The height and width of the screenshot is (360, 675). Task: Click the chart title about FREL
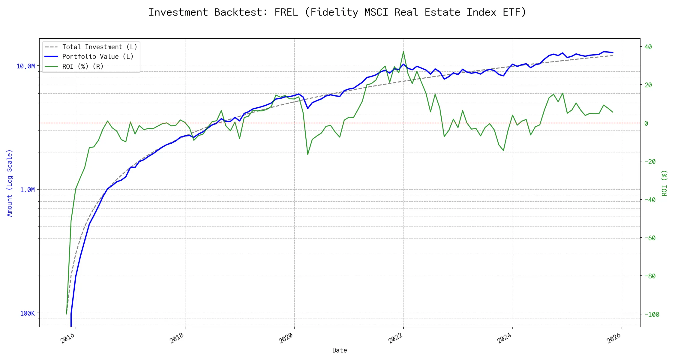click(x=337, y=12)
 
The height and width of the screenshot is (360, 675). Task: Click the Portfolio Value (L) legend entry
click(x=98, y=56)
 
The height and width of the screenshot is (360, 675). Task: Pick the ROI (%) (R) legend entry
click(x=83, y=66)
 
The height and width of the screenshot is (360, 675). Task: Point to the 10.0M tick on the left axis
click(x=26, y=66)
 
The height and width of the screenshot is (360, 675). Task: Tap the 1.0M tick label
click(x=27, y=190)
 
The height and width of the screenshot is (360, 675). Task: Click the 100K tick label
click(x=27, y=313)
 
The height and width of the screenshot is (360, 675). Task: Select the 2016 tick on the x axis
click(x=68, y=338)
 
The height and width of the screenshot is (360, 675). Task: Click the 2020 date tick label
click(x=286, y=338)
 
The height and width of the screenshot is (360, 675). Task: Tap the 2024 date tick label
click(x=504, y=338)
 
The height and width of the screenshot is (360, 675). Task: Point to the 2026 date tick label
click(x=614, y=338)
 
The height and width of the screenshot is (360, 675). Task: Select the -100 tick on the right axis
click(x=652, y=314)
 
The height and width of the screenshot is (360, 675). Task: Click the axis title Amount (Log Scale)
click(x=10, y=183)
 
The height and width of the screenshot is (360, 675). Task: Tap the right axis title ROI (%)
click(x=664, y=183)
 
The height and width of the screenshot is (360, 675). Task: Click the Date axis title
click(x=340, y=350)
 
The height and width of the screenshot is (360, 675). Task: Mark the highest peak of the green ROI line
click(x=403, y=52)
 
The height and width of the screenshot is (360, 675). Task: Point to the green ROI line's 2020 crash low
click(x=308, y=154)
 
